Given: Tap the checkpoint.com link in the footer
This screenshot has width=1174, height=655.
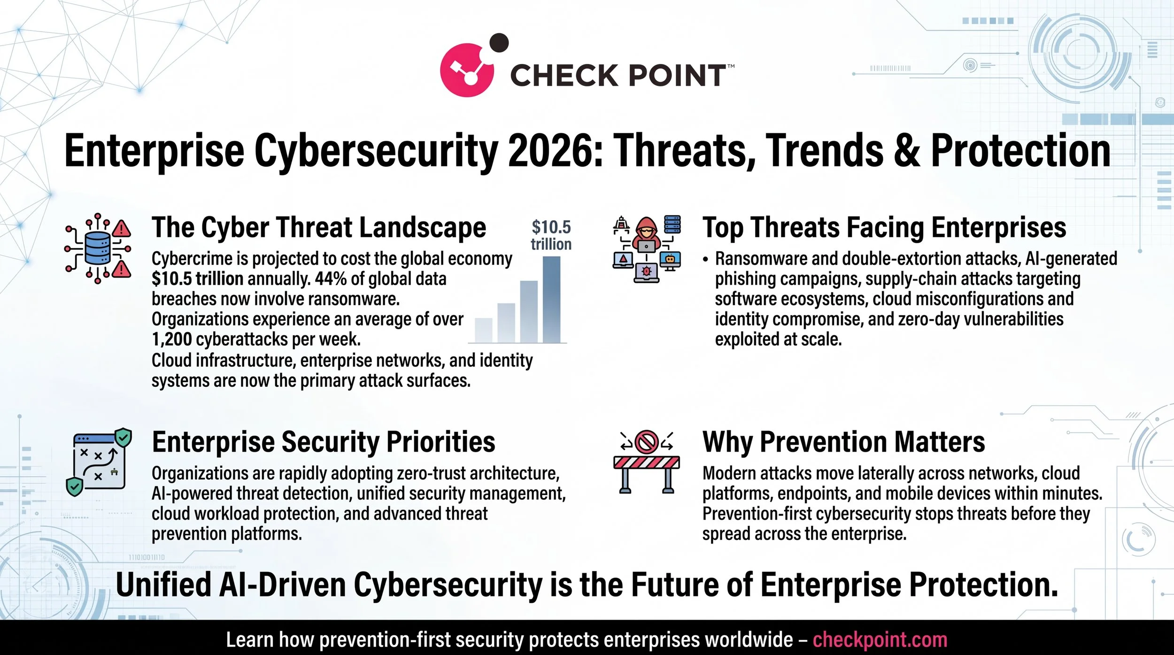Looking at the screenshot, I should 880,640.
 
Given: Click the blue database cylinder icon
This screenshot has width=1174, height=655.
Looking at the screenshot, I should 98,248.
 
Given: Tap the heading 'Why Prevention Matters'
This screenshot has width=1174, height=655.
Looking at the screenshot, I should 843,442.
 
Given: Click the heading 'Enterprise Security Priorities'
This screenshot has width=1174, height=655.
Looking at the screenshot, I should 324,442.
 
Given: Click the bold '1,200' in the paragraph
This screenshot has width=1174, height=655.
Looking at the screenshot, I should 171,339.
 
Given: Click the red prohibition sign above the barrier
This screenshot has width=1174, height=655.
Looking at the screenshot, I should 646,442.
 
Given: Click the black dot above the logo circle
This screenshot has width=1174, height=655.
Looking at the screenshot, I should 499,43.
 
